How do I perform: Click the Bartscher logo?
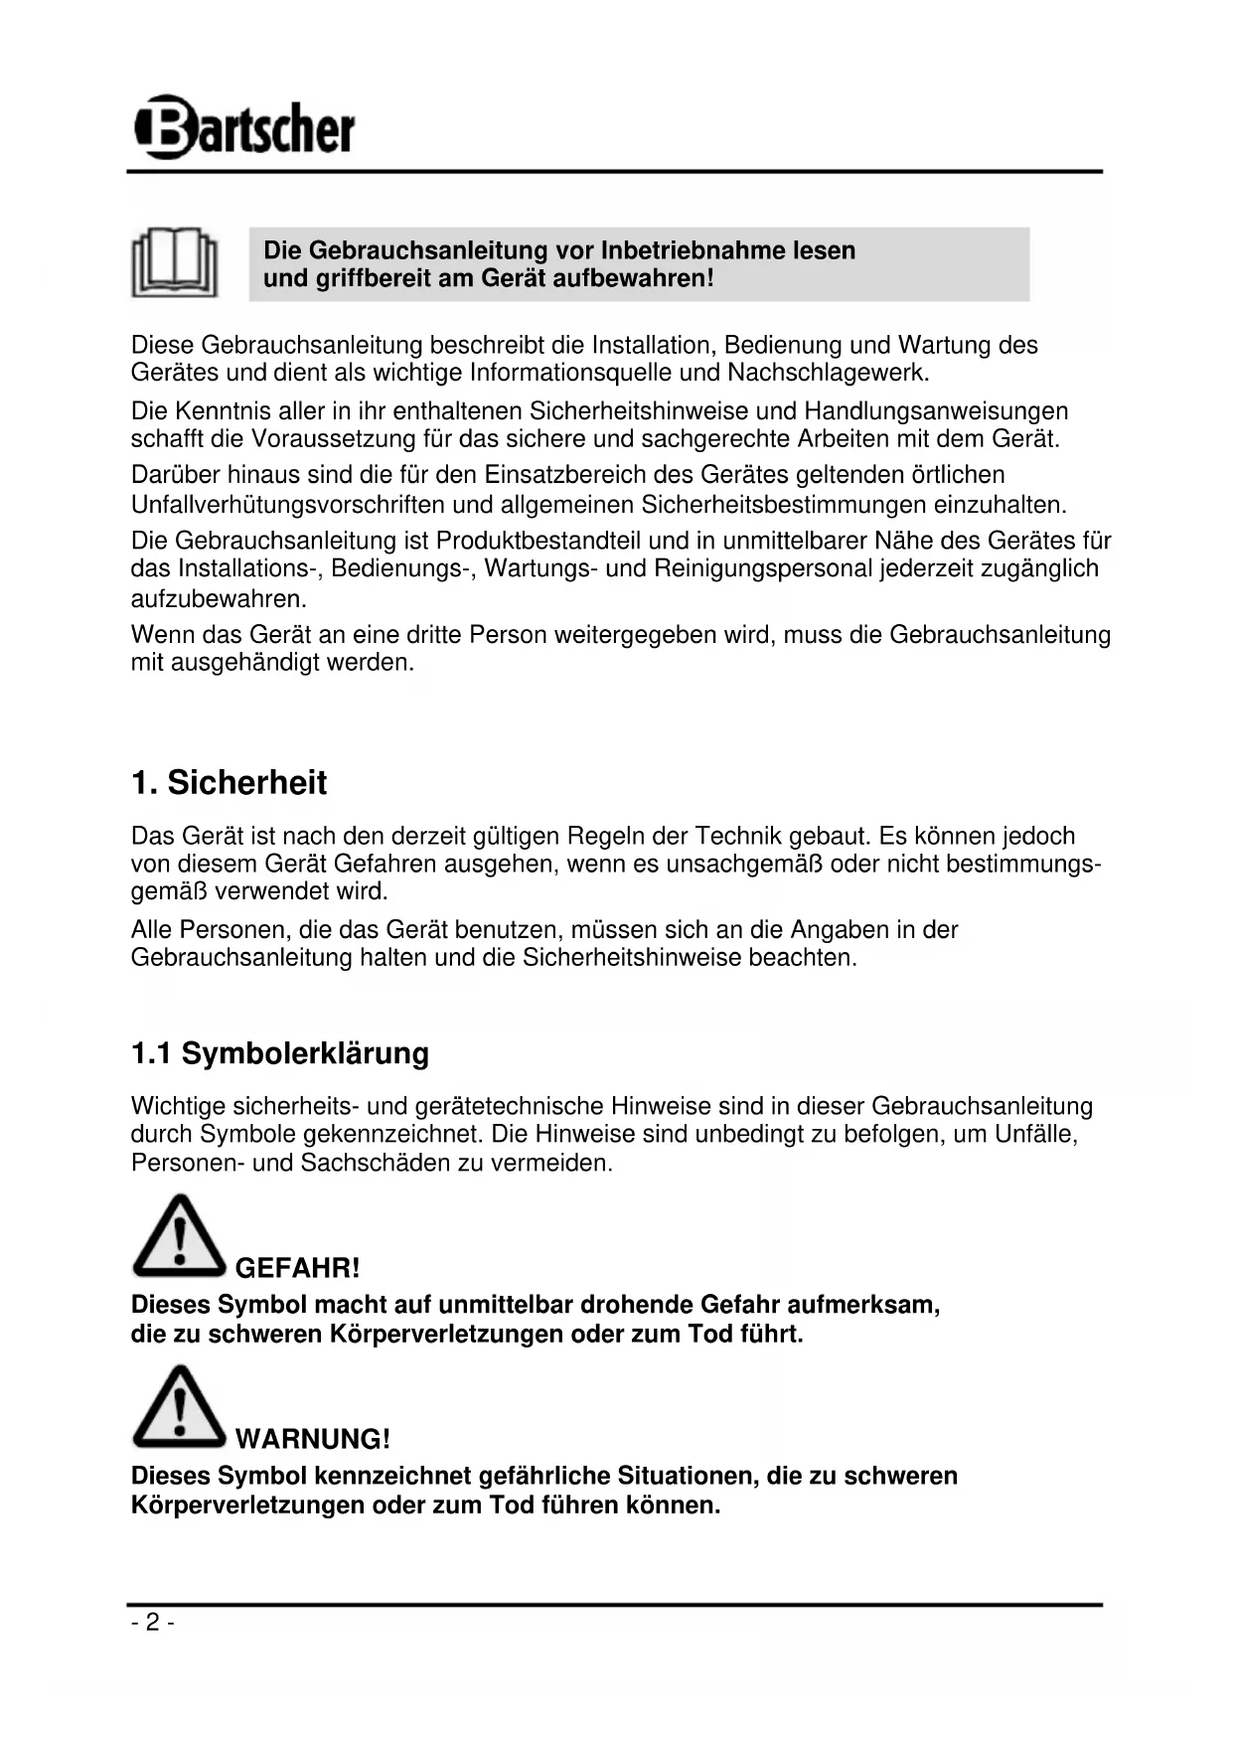pos(244,128)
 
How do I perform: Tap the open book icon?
pos(175,263)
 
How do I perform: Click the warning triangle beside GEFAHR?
pos(179,1238)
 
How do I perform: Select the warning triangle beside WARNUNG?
pos(179,1408)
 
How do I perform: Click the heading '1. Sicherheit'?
pos(229,783)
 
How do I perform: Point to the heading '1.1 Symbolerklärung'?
pos(280,1053)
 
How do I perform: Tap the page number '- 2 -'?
pos(152,1623)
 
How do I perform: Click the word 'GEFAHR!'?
pos(297,1268)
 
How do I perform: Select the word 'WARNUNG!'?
pos(313,1439)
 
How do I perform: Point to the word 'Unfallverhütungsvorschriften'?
pos(287,505)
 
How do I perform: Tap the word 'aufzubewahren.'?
pos(219,599)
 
